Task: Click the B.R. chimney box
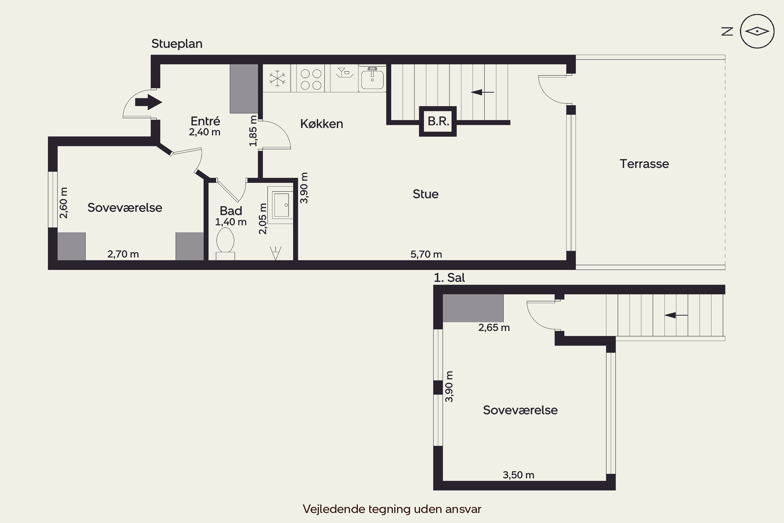(x=438, y=121)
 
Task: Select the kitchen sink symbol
(x=372, y=78)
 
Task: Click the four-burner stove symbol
(x=311, y=79)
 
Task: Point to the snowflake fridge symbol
(x=277, y=79)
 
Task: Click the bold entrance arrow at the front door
(x=149, y=102)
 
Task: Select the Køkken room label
(x=322, y=124)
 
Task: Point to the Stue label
(x=426, y=194)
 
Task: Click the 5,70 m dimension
(x=426, y=254)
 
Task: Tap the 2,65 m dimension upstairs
(x=494, y=328)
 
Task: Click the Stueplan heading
(x=177, y=44)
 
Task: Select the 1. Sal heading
(x=449, y=277)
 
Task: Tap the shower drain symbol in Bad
(x=276, y=253)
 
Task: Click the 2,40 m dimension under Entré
(x=205, y=132)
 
